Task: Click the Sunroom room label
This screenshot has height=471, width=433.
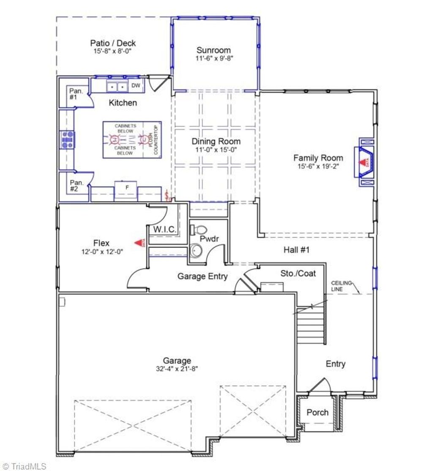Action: [214, 50]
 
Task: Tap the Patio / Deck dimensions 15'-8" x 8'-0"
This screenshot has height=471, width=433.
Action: [113, 51]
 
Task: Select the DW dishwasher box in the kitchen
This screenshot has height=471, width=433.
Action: [136, 86]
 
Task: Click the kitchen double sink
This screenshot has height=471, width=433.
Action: [117, 87]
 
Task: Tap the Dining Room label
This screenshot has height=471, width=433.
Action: [216, 142]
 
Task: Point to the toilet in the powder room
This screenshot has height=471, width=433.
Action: [199, 230]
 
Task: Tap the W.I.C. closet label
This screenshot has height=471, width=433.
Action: [165, 230]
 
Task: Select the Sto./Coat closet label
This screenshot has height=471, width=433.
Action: [298, 274]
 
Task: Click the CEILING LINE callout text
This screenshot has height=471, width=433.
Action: [341, 286]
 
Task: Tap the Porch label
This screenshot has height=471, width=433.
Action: [317, 412]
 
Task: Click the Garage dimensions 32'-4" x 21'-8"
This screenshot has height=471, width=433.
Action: [177, 368]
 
